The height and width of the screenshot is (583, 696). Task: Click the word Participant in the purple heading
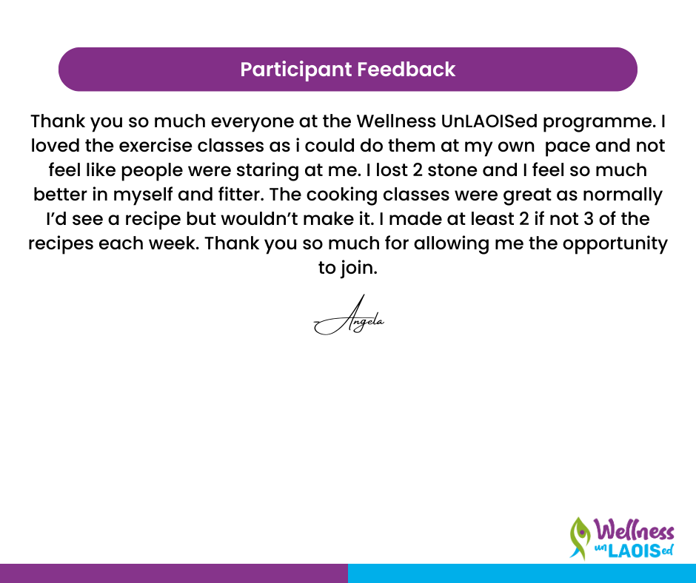[295, 70]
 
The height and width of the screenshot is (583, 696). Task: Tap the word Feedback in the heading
[406, 70]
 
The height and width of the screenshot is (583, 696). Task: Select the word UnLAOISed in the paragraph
[489, 121]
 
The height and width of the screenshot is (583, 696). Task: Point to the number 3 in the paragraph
[589, 219]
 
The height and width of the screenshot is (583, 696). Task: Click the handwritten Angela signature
[349, 317]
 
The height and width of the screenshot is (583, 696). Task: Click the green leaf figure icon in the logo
[580, 538]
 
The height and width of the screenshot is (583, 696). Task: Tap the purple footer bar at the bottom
[174, 573]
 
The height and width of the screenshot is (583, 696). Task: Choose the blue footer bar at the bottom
[522, 573]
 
